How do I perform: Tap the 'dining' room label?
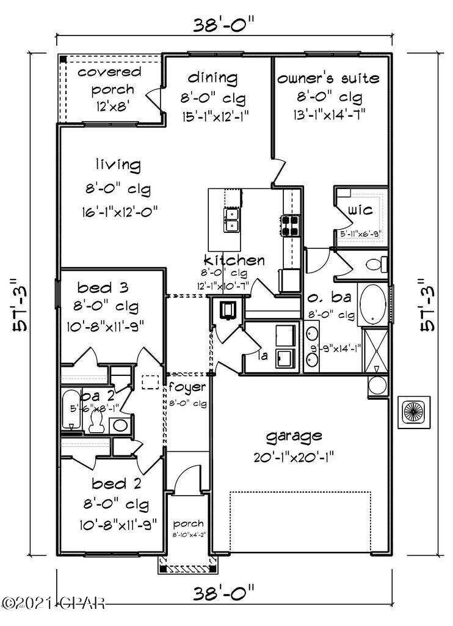212,78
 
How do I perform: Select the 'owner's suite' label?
328,78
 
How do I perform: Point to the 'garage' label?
293,436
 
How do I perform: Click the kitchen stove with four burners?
291,226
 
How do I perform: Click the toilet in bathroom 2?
96,420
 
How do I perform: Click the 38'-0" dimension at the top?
223,25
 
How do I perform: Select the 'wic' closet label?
361,210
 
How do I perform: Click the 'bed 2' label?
117,485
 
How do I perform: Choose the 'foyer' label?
187,388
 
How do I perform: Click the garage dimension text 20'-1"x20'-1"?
294,457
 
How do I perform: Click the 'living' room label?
118,165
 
